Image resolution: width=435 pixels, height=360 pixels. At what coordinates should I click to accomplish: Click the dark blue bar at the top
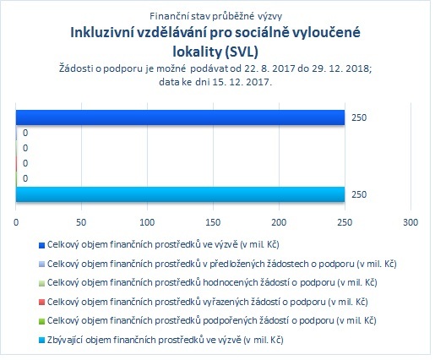click(180, 117)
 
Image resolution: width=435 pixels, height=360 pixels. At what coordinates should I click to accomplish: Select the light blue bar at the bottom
click(180, 194)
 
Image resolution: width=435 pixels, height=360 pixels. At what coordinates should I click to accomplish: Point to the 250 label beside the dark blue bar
click(359, 117)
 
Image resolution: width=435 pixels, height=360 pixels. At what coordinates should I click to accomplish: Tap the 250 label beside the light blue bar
click(359, 194)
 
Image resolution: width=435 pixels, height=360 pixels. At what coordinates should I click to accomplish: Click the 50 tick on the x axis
click(81, 222)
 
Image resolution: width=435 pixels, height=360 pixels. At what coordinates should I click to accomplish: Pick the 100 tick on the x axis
click(147, 222)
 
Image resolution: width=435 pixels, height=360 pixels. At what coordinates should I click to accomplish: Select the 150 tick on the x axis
click(213, 222)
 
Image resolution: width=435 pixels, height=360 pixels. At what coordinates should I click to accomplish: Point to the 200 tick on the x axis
click(279, 222)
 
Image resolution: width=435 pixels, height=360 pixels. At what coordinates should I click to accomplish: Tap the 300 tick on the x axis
click(411, 222)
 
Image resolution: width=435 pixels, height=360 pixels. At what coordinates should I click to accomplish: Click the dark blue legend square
click(41, 245)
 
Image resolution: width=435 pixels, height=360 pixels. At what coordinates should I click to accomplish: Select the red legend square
click(41, 303)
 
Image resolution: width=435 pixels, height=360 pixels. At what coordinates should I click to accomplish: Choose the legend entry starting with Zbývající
click(166, 340)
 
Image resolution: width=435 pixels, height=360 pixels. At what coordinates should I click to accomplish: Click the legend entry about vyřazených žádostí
click(208, 302)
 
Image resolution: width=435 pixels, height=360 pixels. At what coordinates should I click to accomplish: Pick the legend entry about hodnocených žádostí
click(212, 282)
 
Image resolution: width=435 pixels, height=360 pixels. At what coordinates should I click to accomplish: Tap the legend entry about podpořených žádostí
click(212, 320)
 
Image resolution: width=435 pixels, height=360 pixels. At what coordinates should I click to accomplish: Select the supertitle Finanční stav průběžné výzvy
click(215, 16)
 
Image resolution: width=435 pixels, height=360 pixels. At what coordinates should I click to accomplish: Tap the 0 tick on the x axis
click(16, 222)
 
